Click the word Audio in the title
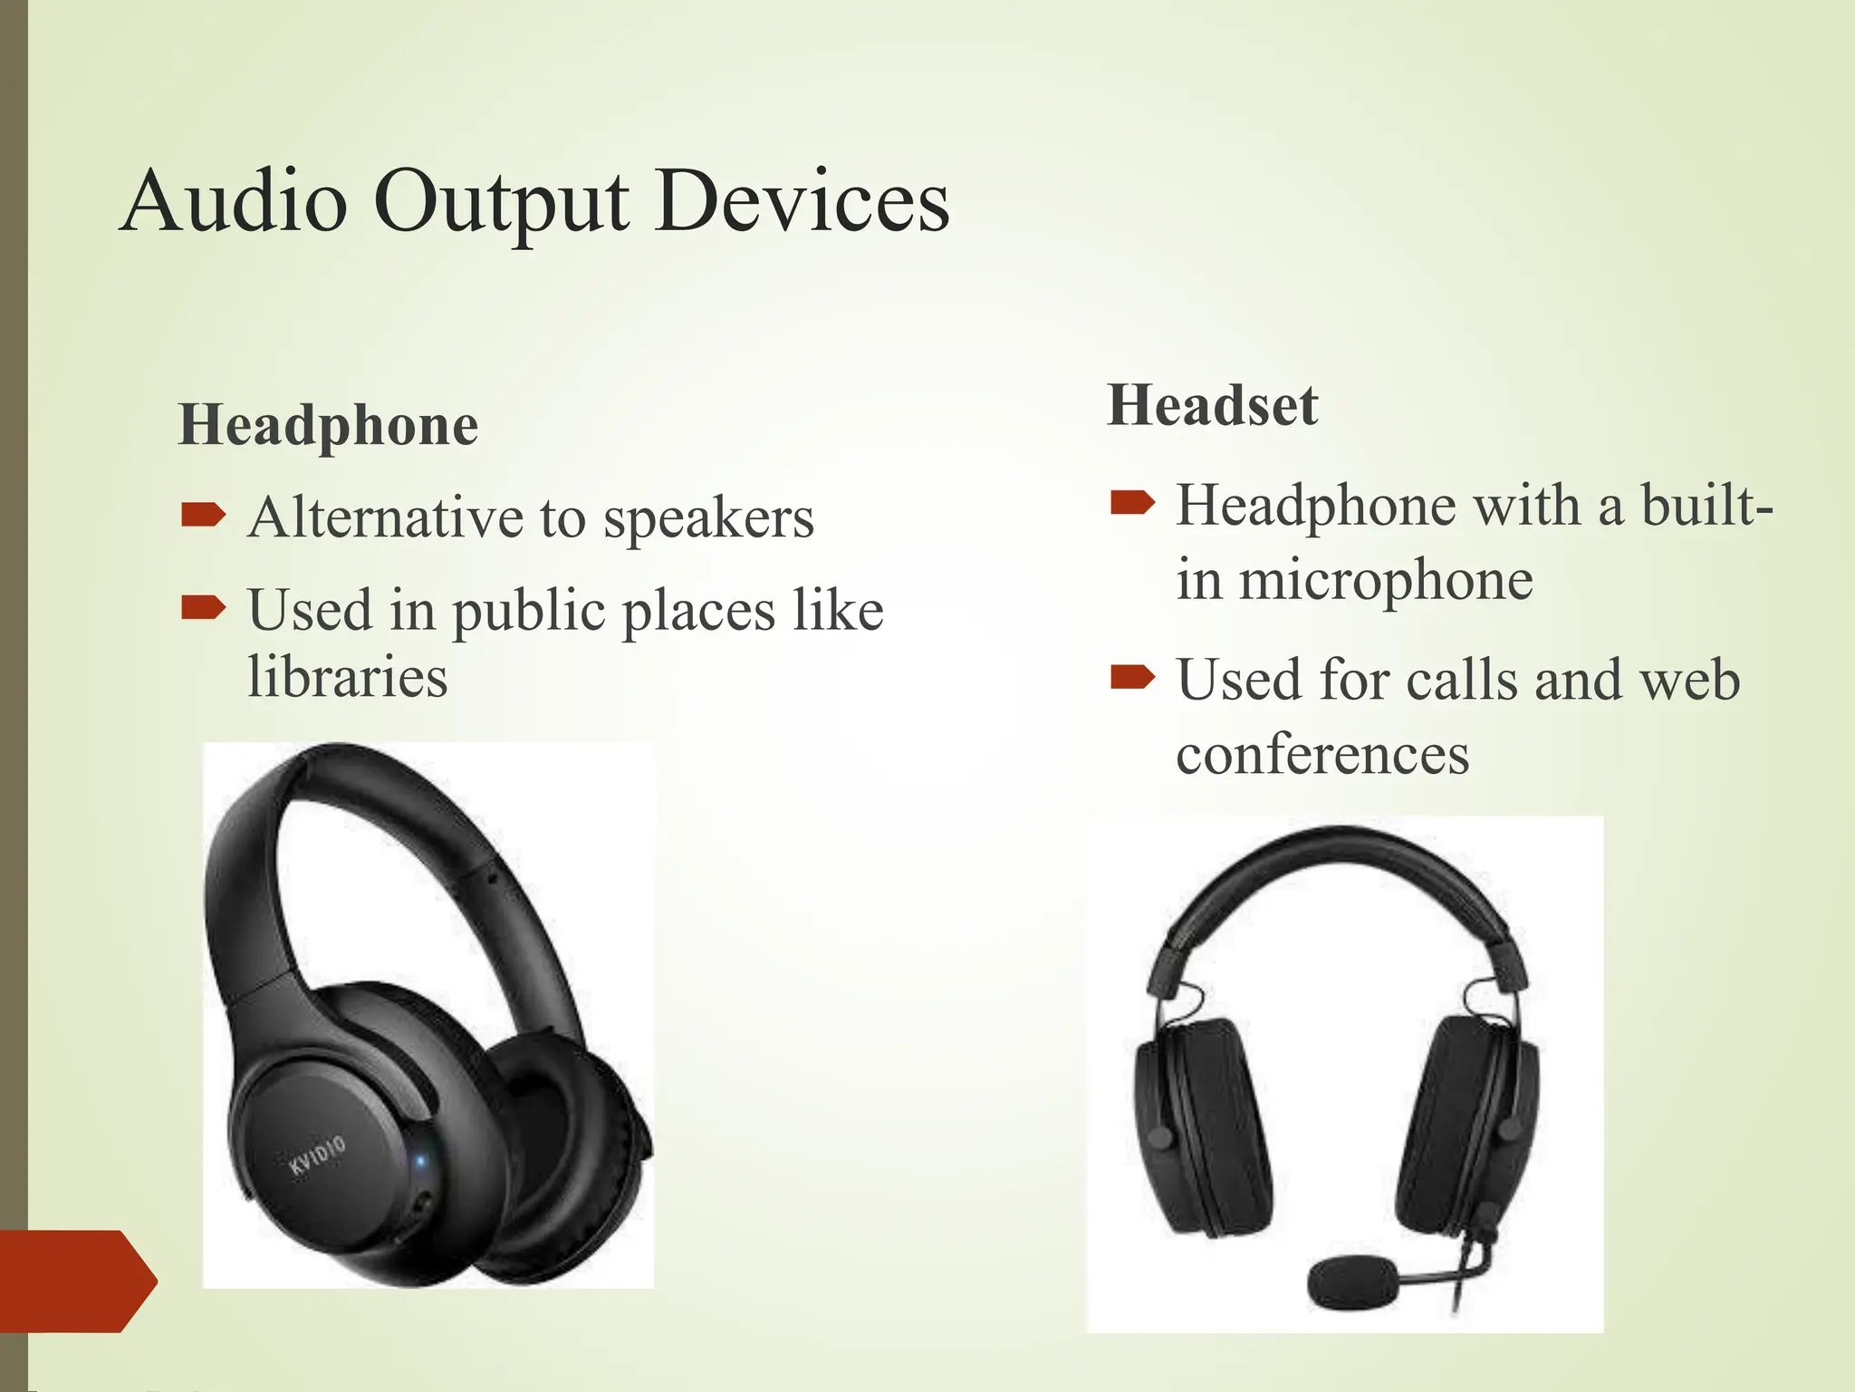tap(234, 201)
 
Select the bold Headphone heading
tap(328, 425)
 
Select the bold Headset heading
tap(1212, 405)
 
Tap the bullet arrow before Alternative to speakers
tap(203, 516)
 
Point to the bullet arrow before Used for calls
tap(1132, 676)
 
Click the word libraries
tap(348, 676)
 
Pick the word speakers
tap(708, 518)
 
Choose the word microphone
tap(1386, 580)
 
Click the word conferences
tap(1322, 754)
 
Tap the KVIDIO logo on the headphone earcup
tap(317, 1156)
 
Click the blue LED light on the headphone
tap(419, 1159)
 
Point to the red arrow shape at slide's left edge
tap(77, 1281)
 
